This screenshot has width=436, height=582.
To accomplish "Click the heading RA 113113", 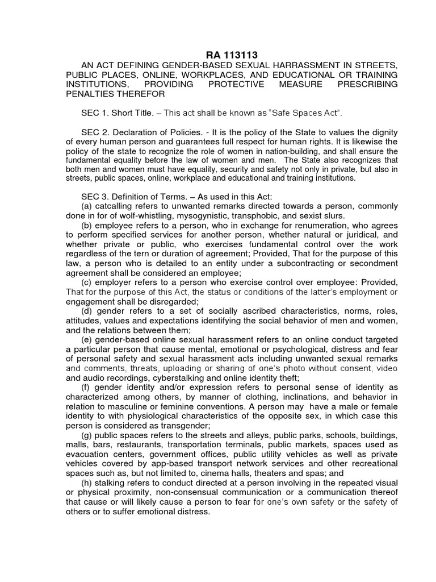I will tap(232, 55).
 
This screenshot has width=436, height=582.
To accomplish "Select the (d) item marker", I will tap(87, 310).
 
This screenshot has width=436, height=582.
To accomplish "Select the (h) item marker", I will tap(87, 483).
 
